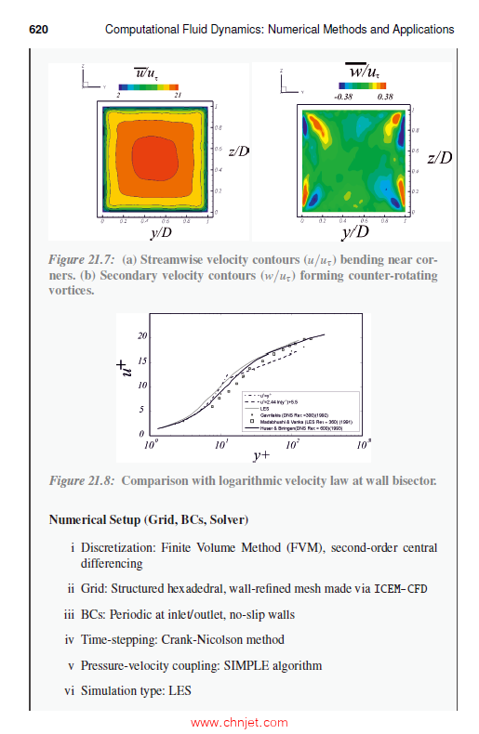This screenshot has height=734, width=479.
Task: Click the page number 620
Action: point(38,30)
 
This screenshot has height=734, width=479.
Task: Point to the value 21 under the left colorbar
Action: point(177,96)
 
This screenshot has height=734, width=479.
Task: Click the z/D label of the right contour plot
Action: point(439,157)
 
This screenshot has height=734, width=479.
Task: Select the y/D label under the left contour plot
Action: point(160,232)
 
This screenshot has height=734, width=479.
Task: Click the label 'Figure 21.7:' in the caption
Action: point(81,258)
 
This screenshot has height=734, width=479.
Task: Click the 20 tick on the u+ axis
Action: point(142,335)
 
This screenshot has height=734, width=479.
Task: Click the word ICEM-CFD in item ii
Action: point(401,589)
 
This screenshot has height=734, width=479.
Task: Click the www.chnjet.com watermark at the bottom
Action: point(241,721)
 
